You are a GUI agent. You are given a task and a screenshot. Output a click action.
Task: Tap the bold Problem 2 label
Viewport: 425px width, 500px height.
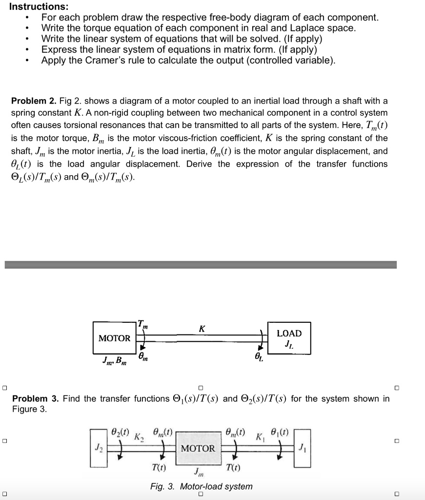point(33,101)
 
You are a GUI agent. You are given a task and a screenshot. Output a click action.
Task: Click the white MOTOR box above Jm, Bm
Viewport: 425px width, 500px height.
point(114,338)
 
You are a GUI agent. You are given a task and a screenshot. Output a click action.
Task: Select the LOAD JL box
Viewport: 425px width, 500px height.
point(289,338)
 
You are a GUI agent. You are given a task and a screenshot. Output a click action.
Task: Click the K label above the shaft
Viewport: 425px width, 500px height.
point(202,329)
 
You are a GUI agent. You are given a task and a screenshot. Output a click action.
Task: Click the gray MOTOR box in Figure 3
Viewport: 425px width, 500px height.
point(198,448)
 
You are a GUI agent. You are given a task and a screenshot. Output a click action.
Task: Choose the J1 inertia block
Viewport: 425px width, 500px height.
point(302,448)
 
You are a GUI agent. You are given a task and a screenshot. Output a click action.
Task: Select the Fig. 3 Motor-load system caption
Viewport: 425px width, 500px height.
point(202,486)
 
